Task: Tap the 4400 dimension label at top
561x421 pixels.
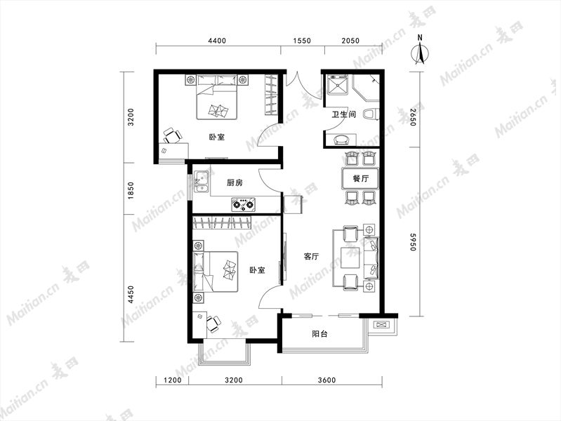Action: click(x=217, y=41)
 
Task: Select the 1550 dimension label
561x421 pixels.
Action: click(x=302, y=41)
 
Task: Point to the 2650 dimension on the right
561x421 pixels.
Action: click(x=413, y=117)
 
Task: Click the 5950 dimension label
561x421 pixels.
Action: click(x=413, y=242)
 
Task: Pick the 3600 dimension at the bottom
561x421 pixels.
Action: click(x=326, y=380)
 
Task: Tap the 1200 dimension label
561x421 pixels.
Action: click(x=173, y=380)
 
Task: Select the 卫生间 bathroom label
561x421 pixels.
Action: click(x=343, y=114)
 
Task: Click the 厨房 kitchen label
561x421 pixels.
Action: click(x=235, y=182)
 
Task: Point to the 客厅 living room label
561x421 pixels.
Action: click(x=311, y=257)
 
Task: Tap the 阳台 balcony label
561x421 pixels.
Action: click(x=319, y=334)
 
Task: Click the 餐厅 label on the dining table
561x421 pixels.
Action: click(x=360, y=178)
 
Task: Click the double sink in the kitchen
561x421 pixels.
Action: click(x=202, y=182)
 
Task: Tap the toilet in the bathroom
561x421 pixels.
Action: click(x=371, y=114)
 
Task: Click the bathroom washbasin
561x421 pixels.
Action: click(x=343, y=140)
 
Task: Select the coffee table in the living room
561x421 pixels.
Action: click(x=350, y=258)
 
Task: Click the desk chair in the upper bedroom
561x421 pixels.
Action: click(x=172, y=136)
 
